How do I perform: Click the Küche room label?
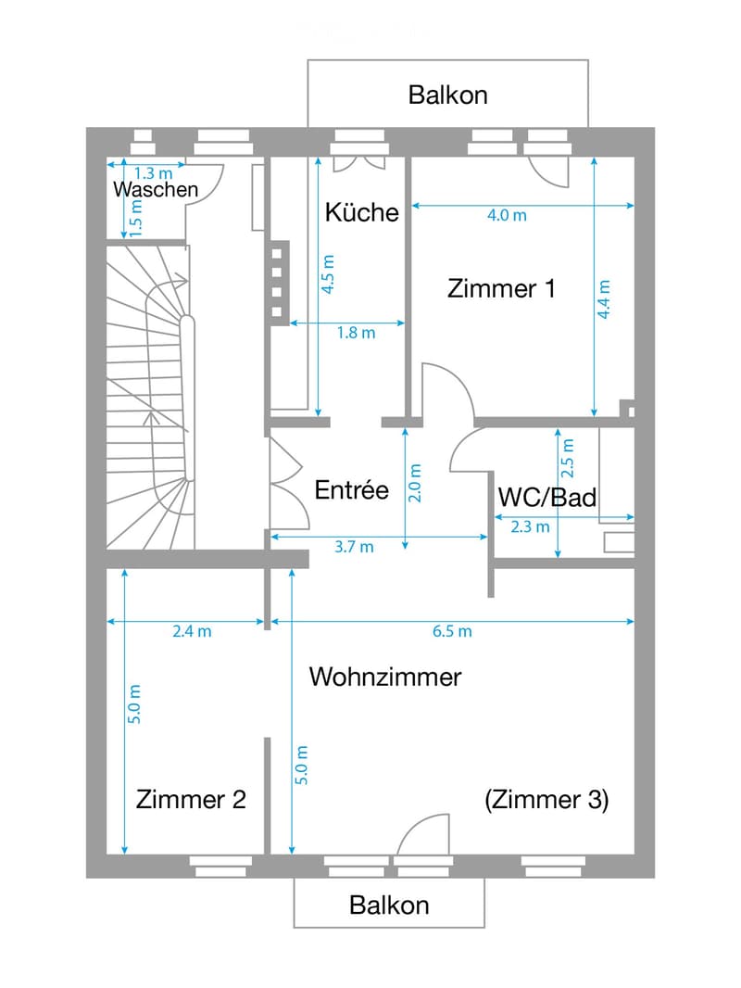[x=361, y=212]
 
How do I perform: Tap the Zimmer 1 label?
[x=501, y=288]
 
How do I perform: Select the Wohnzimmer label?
[x=385, y=677]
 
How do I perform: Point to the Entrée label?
[x=351, y=489]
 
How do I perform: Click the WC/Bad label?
[x=547, y=497]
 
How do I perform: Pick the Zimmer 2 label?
[x=191, y=799]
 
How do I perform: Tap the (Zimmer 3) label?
[x=546, y=800]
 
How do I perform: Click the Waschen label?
[x=156, y=189]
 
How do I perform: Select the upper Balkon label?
[x=447, y=95]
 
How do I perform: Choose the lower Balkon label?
[x=389, y=905]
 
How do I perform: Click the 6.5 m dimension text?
[x=452, y=631]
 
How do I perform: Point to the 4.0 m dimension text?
[x=507, y=216]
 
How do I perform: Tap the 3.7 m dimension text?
[x=354, y=546]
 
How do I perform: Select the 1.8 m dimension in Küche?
[x=356, y=332]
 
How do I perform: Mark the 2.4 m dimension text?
[x=192, y=631]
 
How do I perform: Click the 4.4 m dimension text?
[x=603, y=299]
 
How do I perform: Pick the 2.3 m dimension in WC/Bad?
[x=530, y=526]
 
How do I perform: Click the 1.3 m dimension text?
[x=153, y=172]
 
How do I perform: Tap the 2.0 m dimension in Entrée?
[x=415, y=483]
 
